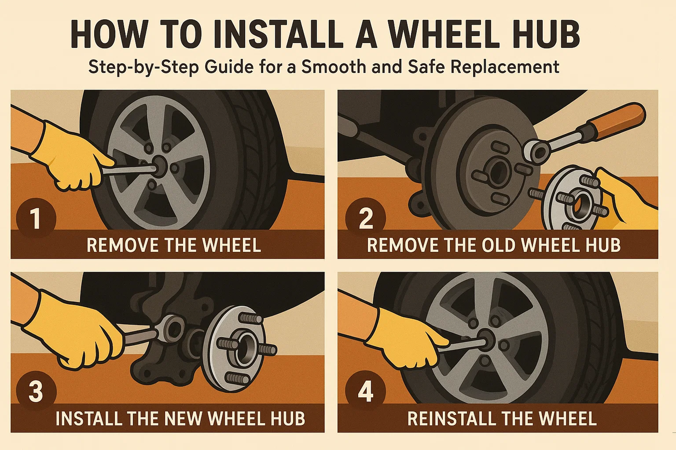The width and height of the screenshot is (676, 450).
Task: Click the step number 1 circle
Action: [x=36, y=218]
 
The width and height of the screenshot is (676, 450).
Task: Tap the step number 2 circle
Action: [x=366, y=218]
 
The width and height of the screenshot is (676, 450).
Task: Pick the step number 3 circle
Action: [x=36, y=391]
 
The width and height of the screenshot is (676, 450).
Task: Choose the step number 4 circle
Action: [x=366, y=391]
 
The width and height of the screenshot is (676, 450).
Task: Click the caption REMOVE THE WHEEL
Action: [x=174, y=245]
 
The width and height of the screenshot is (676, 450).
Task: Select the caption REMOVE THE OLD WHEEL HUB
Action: [x=493, y=245]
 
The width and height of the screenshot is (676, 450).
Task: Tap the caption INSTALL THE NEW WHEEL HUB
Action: [x=180, y=418]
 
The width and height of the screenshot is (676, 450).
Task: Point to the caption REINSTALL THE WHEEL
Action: [x=502, y=418]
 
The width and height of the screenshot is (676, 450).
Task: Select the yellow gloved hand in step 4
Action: [x=406, y=338]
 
